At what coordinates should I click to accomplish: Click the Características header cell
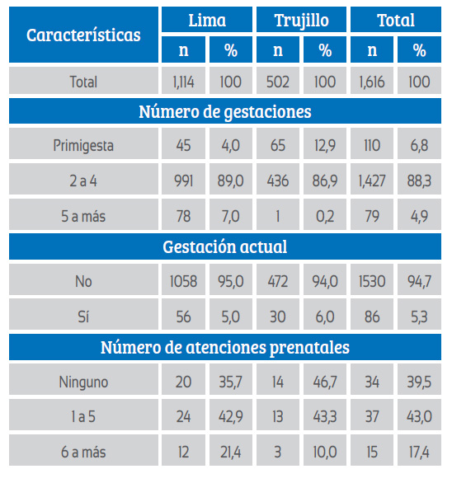pyautogui.click(x=83, y=35)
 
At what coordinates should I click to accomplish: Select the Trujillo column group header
pyautogui.click(x=301, y=20)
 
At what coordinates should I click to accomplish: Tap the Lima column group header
pyautogui.click(x=207, y=20)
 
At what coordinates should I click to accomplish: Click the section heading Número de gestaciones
pyautogui.click(x=225, y=111)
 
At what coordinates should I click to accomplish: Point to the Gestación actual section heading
pyautogui.click(x=225, y=246)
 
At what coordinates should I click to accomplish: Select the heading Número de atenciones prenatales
pyautogui.click(x=225, y=347)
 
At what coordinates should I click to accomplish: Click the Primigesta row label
pyautogui.click(x=83, y=144)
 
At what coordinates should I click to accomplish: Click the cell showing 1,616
pyautogui.click(x=372, y=81)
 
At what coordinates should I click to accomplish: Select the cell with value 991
pyautogui.click(x=183, y=180)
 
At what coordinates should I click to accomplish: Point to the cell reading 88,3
pyautogui.click(x=419, y=180)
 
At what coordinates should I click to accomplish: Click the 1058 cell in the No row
pyautogui.click(x=183, y=280)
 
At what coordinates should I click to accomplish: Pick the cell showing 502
pyautogui.click(x=278, y=81)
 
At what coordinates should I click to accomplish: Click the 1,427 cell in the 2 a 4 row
pyautogui.click(x=372, y=180)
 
